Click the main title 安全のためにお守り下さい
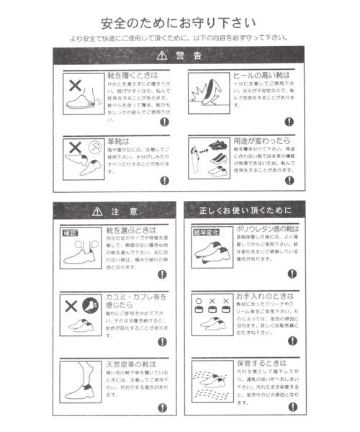(179, 22)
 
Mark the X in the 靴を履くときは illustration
(73, 84)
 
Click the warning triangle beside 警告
(161, 55)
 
